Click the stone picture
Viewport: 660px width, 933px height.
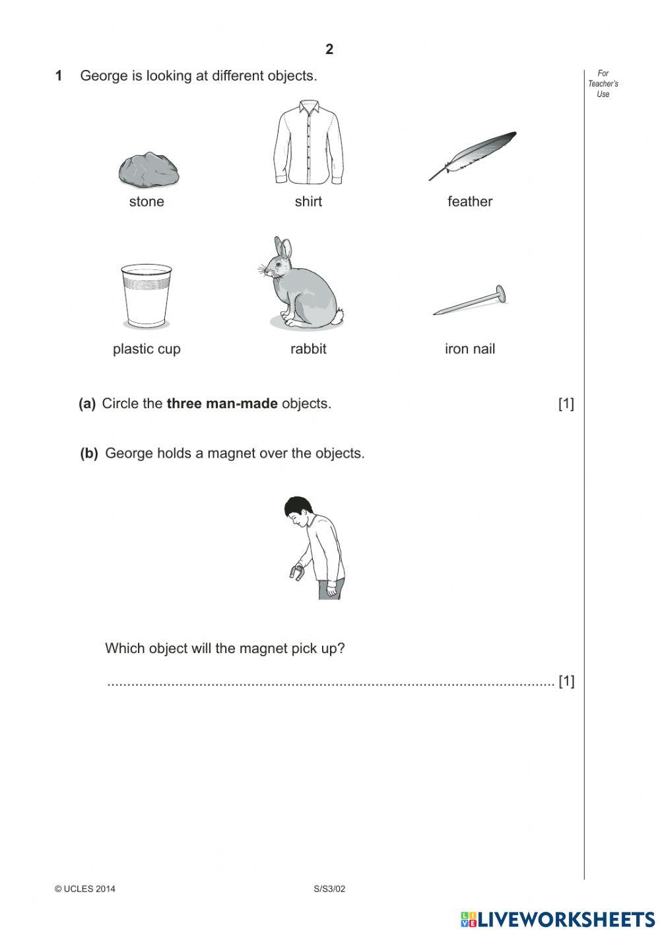[x=148, y=170]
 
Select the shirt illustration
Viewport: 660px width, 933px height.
[x=308, y=144]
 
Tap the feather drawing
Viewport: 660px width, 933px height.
[x=472, y=156]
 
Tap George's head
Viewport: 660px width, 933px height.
[x=297, y=510]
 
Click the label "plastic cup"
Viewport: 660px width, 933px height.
[x=147, y=349]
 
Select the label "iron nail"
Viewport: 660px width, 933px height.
[x=470, y=349]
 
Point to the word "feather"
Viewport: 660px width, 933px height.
[x=470, y=201]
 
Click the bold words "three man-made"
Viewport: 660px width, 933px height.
[x=222, y=403]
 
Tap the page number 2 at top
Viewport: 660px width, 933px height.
[x=329, y=49]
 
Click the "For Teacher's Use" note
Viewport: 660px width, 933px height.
[x=603, y=84]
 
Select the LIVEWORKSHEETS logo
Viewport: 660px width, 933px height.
[x=558, y=918]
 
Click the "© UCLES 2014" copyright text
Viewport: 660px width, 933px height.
[x=85, y=889]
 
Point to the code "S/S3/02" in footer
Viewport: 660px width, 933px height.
[x=329, y=889]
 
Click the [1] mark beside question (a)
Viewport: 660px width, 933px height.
[x=566, y=403]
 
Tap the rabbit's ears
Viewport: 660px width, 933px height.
[x=282, y=248]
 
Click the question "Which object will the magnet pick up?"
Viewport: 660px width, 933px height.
[x=224, y=648]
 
